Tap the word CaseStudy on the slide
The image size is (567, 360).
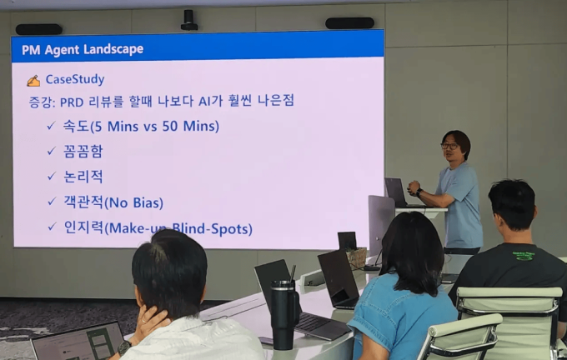[74, 80]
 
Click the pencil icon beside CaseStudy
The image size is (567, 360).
[33, 81]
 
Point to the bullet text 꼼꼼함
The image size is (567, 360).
[83, 152]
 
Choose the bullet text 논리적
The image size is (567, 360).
[83, 177]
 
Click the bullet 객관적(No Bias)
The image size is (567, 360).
[113, 202]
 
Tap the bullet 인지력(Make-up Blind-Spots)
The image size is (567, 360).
[158, 227]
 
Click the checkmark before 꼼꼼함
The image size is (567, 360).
[51, 152]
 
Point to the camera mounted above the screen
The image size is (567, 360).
[189, 19]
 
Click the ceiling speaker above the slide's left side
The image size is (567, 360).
[38, 29]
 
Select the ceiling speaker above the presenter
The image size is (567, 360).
[349, 23]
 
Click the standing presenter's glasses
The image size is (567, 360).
[450, 147]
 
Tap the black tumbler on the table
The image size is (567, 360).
[283, 312]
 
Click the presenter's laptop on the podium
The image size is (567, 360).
[394, 192]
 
